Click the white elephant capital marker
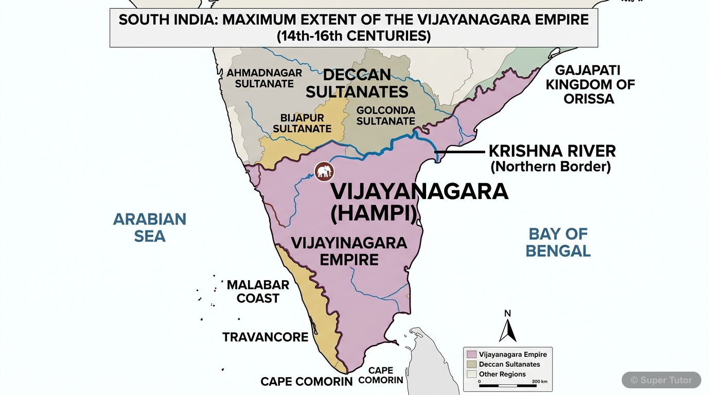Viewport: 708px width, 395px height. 324,172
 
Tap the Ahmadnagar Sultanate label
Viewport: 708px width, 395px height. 264,78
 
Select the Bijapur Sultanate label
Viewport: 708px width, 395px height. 302,123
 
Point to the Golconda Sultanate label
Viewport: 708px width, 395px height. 385,116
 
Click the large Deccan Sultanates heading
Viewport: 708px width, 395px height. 357,83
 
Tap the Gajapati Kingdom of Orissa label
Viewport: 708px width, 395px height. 590,84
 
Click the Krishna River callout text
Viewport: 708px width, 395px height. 552,158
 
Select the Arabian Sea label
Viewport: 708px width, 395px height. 150,227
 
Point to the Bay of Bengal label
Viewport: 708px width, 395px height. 558,242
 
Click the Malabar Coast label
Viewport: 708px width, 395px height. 258,292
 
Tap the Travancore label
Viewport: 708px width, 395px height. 265,337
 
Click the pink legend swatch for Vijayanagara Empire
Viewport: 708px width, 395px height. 471,354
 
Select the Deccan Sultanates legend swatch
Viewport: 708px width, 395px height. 471,364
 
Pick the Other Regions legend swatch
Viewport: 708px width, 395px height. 471,374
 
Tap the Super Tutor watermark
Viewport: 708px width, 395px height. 661,380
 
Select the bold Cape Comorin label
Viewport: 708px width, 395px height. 306,382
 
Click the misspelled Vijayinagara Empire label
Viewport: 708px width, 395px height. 349,251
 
